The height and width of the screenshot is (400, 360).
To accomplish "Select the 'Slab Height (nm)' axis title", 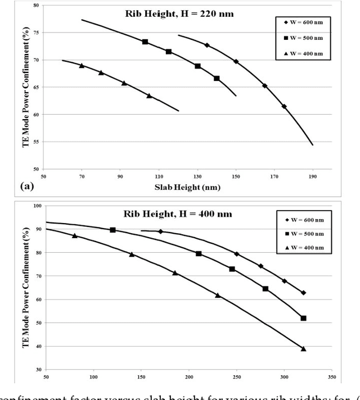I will [181, 188].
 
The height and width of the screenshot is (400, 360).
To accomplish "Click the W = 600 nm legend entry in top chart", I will [304, 23].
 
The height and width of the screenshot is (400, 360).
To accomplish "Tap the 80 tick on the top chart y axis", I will [35, 5].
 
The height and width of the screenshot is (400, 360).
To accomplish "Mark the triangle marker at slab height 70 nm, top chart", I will [82, 66].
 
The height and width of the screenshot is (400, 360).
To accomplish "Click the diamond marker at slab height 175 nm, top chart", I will [284, 106].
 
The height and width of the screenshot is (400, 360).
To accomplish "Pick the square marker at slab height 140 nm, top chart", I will [217, 78].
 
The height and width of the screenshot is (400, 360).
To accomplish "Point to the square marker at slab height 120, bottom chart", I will [112, 230].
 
